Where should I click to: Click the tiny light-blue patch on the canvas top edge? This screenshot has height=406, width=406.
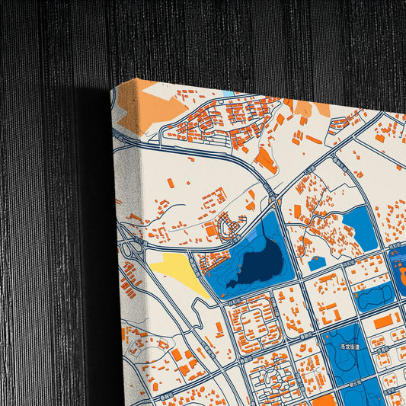click(x=228, y=94)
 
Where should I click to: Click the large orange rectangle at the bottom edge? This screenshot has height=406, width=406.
click(x=324, y=400)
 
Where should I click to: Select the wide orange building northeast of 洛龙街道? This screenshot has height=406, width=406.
click(x=386, y=321)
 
